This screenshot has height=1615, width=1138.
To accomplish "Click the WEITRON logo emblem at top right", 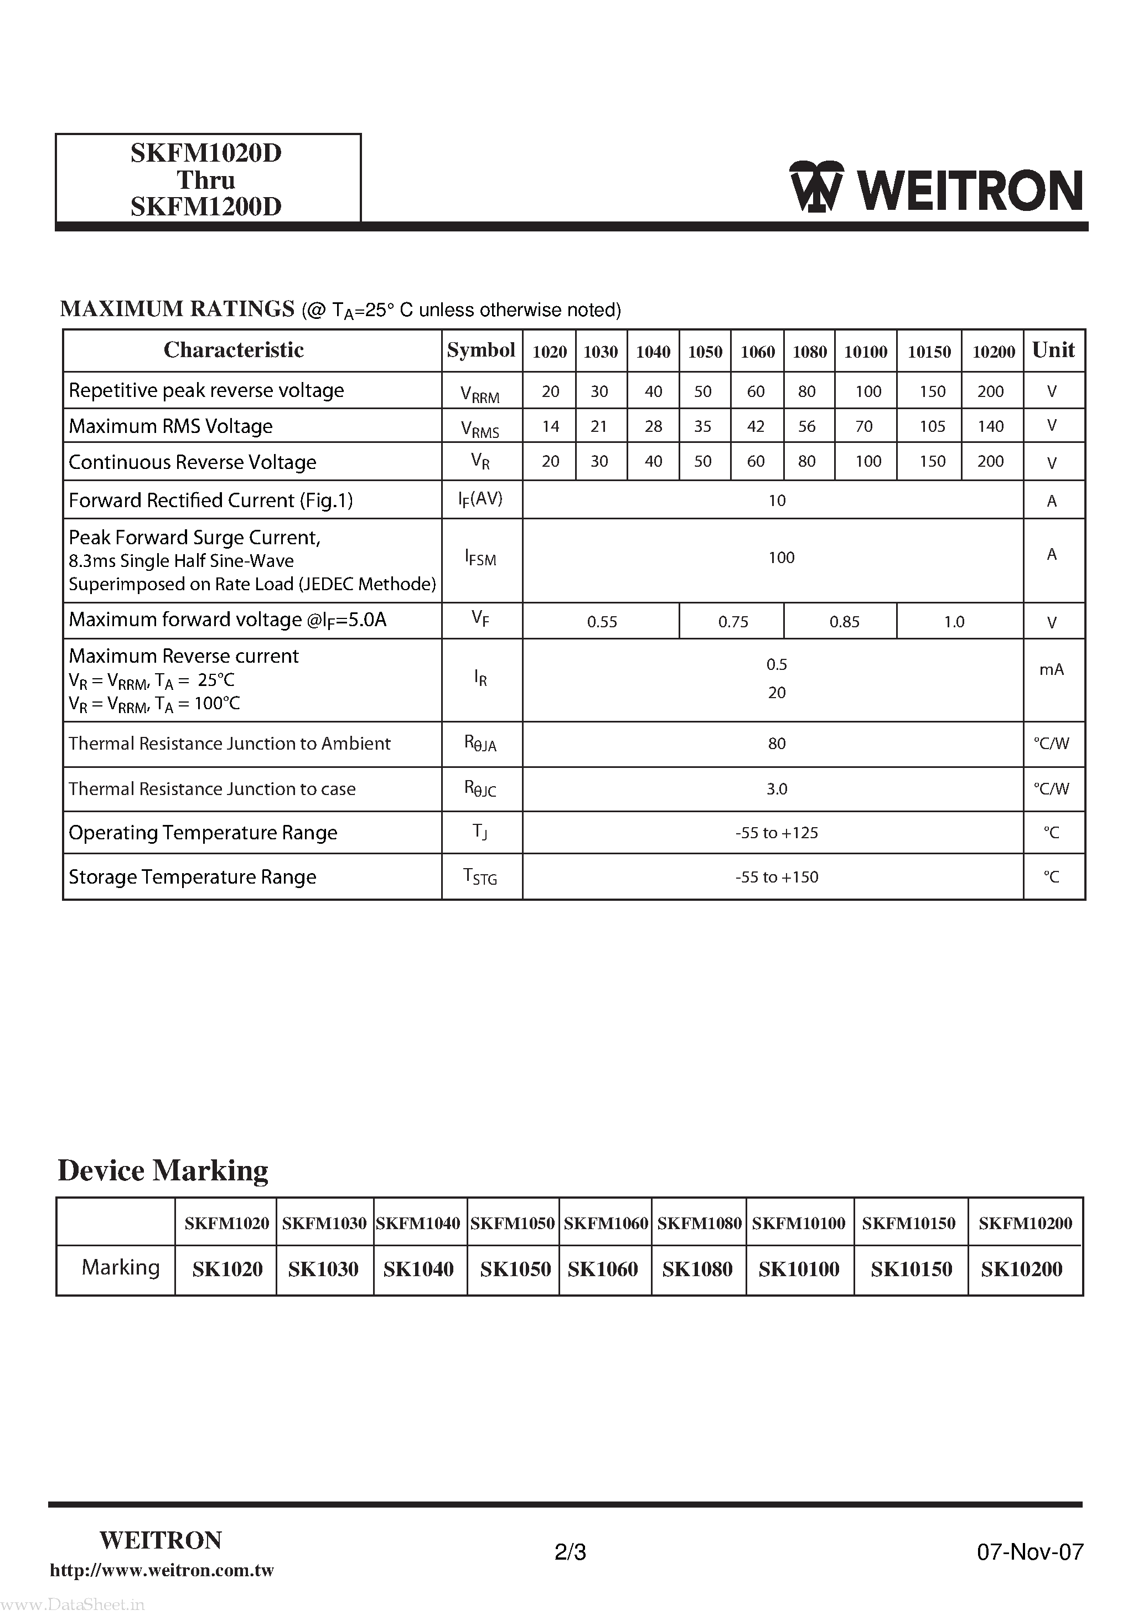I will click(816, 187).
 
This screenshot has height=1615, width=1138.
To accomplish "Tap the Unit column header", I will click(1053, 350).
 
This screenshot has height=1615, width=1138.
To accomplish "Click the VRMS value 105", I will click(932, 426).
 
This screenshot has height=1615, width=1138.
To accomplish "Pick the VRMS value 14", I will click(550, 426).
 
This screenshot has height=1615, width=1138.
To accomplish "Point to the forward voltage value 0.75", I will click(733, 622).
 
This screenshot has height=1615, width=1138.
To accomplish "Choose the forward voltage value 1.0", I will click(954, 622).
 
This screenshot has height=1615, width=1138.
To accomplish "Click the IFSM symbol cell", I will click(480, 559).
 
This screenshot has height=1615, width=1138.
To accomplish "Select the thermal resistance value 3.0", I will click(777, 789).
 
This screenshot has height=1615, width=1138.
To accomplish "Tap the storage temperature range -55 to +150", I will click(777, 877).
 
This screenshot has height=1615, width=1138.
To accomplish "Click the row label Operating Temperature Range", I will click(203, 833).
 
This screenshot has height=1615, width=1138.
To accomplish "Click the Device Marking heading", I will click(163, 1171).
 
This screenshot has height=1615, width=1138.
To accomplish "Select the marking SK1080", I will click(697, 1270).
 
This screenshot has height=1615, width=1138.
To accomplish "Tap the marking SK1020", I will click(227, 1270).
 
